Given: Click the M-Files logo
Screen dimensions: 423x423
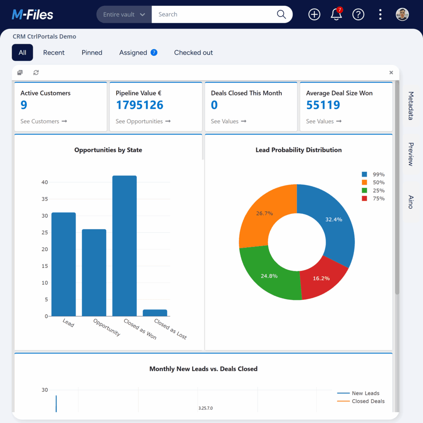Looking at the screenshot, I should (33, 15).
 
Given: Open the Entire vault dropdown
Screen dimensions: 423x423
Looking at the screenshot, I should (124, 14).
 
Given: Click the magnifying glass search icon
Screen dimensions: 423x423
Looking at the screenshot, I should (281, 14).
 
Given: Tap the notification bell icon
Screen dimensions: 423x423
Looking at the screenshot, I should (336, 14).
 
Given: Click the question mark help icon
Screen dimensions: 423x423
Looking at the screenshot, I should (358, 14).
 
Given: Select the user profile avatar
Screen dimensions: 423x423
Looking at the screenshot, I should (402, 14).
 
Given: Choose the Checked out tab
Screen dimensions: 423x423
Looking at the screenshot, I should (193, 52).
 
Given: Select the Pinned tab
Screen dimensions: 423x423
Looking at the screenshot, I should (92, 52).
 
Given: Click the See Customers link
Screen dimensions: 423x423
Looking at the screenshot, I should (43, 121).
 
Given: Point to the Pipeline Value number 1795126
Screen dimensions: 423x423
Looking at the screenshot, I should (140, 105).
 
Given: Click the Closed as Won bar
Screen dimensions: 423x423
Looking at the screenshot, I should (124, 246).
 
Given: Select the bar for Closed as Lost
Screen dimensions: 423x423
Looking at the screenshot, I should (155, 313).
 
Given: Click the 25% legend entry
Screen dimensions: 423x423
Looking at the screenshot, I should (373, 190).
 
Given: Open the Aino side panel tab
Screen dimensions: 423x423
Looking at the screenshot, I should (411, 202).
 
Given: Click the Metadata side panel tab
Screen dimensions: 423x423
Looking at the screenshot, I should (411, 106).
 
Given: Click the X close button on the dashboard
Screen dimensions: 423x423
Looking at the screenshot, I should (391, 73).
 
